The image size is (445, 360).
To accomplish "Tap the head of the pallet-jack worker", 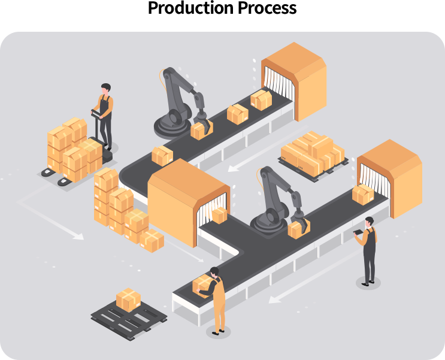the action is tap(106, 87).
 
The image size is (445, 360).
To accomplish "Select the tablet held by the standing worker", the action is tap(358, 232).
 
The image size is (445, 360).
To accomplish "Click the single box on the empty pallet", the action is tap(129, 300).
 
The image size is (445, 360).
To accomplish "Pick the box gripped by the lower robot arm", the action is tap(298, 229).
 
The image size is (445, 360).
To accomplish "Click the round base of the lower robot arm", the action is tap(268, 224).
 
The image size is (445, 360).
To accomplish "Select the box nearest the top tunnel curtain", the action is tap(261, 99).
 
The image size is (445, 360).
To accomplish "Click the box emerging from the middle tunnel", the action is tap(220, 215).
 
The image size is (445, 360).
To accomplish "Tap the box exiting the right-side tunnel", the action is tap(363, 195).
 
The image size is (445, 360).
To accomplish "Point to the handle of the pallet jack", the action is tap(97, 114).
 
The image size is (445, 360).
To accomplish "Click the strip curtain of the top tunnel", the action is tap(278, 80).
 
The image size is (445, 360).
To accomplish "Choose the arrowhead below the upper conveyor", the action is tap(233, 168).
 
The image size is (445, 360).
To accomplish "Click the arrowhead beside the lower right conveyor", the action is tap(274, 300).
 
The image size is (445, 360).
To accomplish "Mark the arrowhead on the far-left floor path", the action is tap(78, 236).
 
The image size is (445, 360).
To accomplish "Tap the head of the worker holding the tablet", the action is tap(369, 222).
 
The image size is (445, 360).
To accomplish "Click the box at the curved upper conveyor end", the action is tap(162, 156).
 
